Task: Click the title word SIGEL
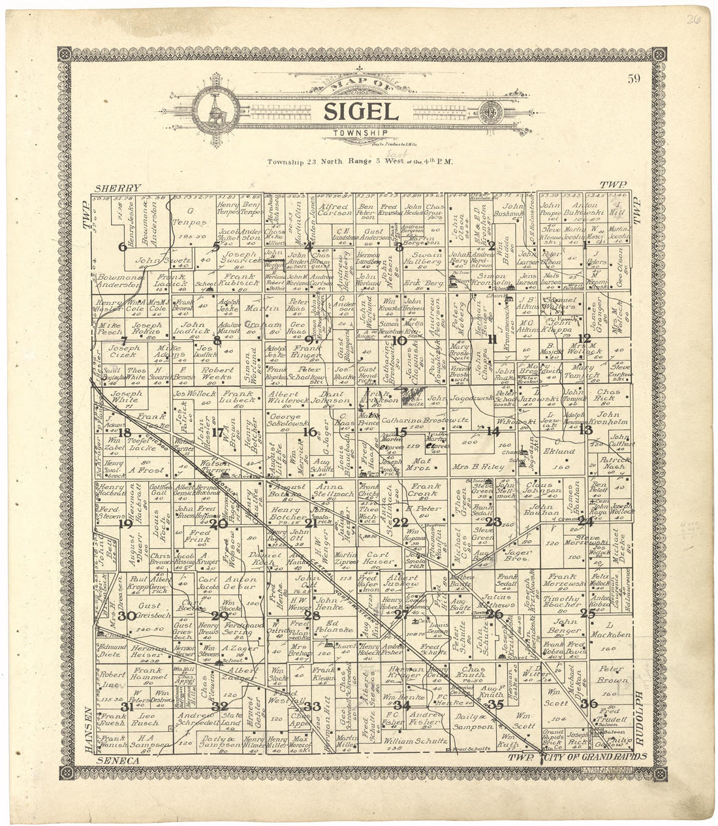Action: point(360,111)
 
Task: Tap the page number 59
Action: point(633,80)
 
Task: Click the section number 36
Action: point(588,703)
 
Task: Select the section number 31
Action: point(127,707)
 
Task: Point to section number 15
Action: point(400,432)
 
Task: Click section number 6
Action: point(122,247)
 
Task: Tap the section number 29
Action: point(219,615)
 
